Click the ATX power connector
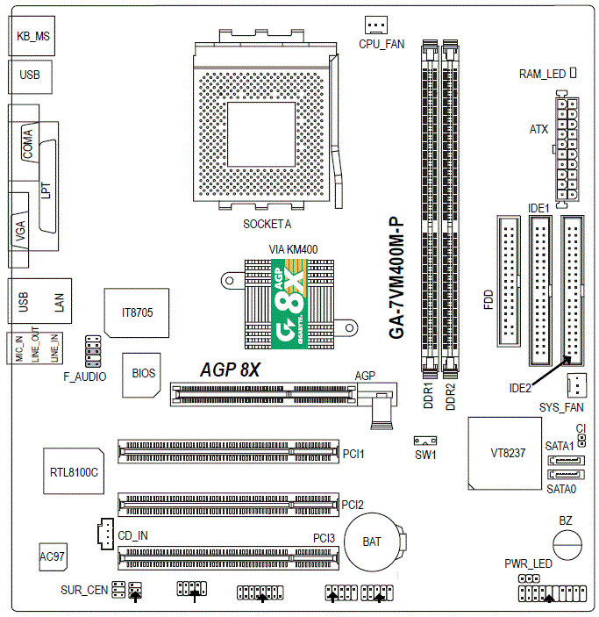pos(565,148)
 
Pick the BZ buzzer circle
pos(567,543)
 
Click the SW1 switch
pos(425,440)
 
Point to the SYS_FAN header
pos(574,384)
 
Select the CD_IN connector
pos(102,533)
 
